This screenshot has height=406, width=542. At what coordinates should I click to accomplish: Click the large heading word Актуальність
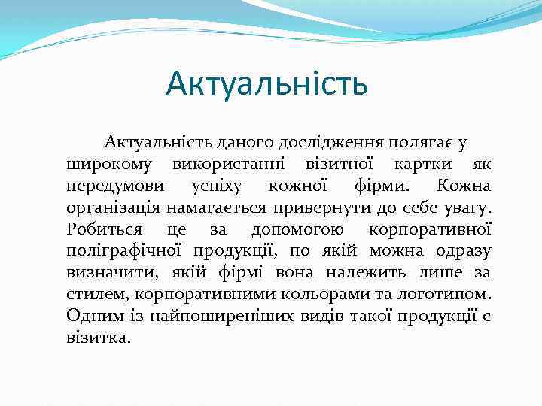[x=267, y=83]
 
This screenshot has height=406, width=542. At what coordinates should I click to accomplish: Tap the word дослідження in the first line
[x=327, y=141]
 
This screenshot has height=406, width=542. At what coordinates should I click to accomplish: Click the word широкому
[x=110, y=163]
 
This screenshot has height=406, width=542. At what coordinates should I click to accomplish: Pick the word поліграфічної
[x=126, y=250]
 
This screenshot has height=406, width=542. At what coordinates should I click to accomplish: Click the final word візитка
[x=98, y=338]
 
